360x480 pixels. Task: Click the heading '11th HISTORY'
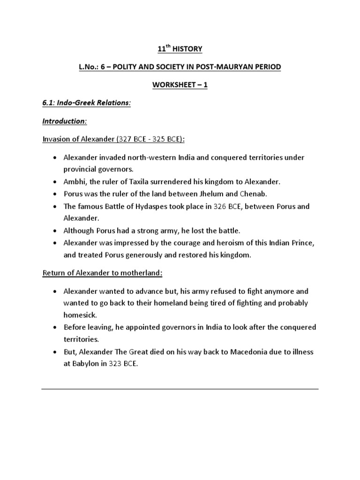[x=180, y=49]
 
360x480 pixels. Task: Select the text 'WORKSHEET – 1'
[x=180, y=85]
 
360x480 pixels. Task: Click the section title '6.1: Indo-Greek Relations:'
[x=87, y=103]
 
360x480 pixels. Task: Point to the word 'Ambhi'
[x=74, y=181]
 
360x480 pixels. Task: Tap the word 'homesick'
[x=79, y=315]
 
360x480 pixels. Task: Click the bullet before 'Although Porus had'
[x=55, y=231]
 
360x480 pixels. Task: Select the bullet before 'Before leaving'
[x=55, y=327]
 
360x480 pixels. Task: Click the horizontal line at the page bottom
[x=180, y=389]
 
